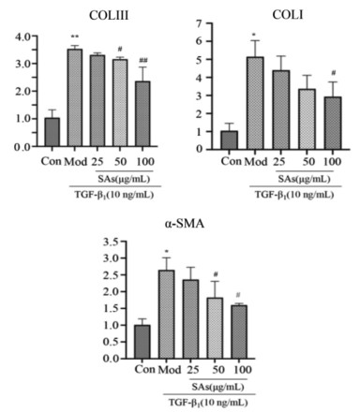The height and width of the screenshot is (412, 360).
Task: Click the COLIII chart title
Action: (x=109, y=16)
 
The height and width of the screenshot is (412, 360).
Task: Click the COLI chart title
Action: (x=288, y=15)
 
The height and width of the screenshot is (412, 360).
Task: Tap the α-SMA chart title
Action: (x=185, y=224)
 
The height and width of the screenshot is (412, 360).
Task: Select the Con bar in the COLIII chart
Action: (x=52, y=132)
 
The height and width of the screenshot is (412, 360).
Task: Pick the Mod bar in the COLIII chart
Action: (x=75, y=97)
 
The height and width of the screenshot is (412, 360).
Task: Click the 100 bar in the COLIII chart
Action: (x=142, y=113)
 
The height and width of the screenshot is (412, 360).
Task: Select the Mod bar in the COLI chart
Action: (x=255, y=103)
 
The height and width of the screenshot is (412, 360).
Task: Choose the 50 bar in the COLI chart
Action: (x=307, y=119)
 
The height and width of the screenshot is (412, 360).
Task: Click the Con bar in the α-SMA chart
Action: (x=142, y=342)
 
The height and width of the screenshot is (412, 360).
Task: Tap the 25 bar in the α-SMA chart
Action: (x=190, y=319)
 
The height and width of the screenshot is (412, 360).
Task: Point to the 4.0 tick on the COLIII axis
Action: (x=22, y=37)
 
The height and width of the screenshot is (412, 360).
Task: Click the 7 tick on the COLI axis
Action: (x=199, y=23)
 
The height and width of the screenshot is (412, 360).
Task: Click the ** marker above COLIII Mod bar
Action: (x=75, y=37)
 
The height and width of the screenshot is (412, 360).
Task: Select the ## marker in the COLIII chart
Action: (x=143, y=60)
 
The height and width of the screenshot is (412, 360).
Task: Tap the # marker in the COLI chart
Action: (x=333, y=73)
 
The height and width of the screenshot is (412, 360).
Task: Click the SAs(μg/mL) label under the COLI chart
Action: (x=304, y=179)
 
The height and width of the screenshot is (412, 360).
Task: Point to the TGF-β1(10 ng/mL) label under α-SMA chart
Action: (x=208, y=403)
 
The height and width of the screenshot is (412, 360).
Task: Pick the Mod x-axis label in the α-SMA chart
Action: (x=170, y=370)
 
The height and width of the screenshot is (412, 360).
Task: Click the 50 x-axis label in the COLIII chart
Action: (x=120, y=161)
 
